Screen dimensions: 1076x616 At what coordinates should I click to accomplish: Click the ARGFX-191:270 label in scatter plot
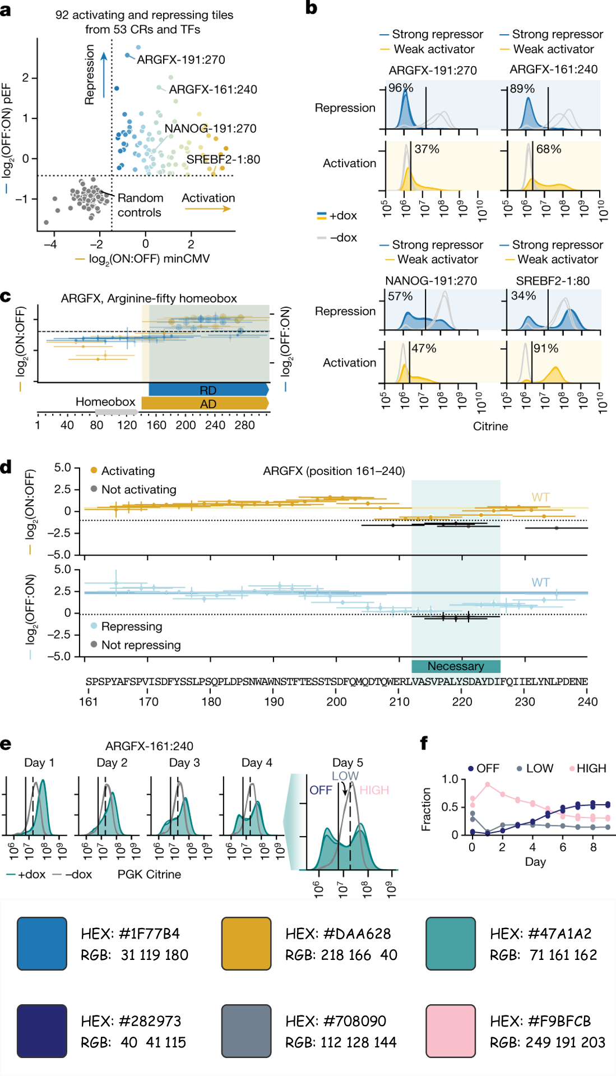180,59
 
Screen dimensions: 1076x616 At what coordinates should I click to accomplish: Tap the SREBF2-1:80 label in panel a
223,159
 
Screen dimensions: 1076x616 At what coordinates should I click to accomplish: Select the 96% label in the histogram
401,88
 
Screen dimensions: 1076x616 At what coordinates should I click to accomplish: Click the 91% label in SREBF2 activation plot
545,348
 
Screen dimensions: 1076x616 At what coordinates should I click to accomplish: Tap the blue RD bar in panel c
208,390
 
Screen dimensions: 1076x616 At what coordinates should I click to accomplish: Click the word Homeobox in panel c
105,401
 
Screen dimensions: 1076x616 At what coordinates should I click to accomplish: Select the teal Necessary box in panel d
456,666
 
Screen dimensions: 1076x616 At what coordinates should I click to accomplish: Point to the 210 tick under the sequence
399,701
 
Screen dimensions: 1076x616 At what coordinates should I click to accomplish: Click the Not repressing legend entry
141,645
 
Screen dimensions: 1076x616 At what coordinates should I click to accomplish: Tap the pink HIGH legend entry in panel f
591,768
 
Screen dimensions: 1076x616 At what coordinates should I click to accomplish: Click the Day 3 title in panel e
184,763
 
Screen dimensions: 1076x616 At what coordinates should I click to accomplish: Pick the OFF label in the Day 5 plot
321,790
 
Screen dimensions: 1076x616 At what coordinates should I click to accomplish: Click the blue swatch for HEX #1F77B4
42,944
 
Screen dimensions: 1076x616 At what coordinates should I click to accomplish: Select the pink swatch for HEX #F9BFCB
451,1031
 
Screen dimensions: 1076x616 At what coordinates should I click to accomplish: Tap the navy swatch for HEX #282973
42,1031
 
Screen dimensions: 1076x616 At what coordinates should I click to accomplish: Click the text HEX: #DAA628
338,934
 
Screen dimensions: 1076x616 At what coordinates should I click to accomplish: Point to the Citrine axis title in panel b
490,426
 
